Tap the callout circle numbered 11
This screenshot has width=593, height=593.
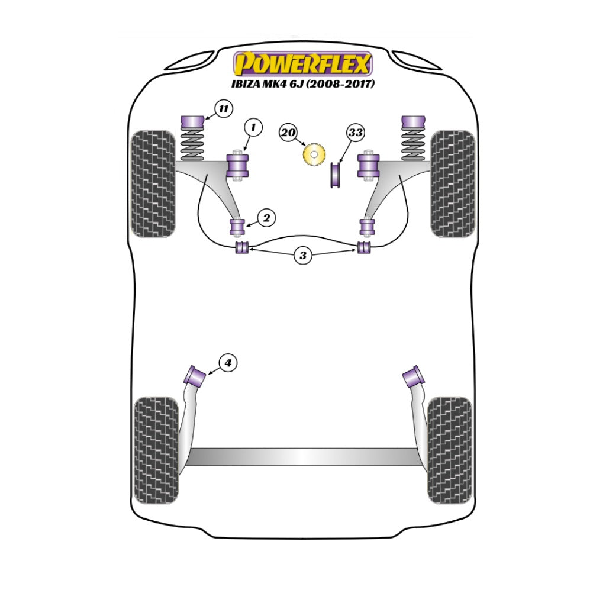pos(224,108)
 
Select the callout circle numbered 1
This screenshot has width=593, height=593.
pos(253,127)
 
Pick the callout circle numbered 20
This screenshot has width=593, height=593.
pos(288,133)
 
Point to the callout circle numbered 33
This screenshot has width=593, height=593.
pos(356,133)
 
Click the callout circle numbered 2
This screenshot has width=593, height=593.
pos(267,218)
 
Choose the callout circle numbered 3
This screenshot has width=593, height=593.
pos(303,255)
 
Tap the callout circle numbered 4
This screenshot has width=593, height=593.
pos(228,363)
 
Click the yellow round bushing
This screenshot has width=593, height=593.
pos(314,154)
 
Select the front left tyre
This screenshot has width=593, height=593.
pos(153,184)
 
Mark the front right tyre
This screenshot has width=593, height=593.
pos(453,184)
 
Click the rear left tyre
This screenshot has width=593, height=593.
pos(156,450)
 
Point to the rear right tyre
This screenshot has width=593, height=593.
pos(450,450)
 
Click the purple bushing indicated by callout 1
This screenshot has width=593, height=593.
pos(237,166)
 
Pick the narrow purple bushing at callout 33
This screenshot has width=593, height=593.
pos(334,175)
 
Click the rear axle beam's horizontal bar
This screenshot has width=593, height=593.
pos(303,457)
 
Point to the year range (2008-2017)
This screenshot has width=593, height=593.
pos(340,83)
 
